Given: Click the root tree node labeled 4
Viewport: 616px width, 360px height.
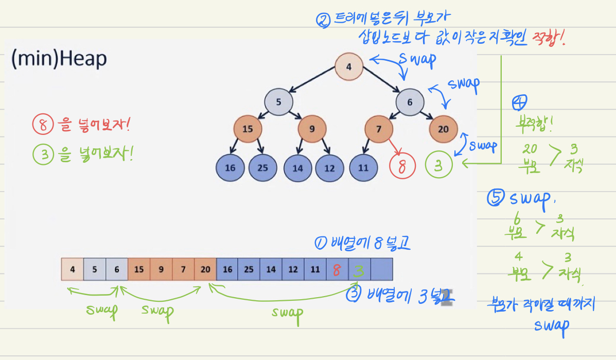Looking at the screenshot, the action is click(x=349, y=67).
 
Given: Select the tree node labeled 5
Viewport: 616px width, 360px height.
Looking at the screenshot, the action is click(x=278, y=101).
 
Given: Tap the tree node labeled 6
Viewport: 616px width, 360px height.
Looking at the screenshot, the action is click(x=410, y=101).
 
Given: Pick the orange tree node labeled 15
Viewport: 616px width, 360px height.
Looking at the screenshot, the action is click(x=248, y=129).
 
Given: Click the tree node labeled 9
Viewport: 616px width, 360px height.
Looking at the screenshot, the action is click(x=312, y=129).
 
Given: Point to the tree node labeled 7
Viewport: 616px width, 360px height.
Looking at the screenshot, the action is click(x=379, y=129).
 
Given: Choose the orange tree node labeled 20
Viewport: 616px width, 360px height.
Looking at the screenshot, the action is click(x=443, y=129).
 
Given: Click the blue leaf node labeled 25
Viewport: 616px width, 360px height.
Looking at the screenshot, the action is click(x=263, y=167).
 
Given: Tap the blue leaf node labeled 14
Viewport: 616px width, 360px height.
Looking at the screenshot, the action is click(x=297, y=167).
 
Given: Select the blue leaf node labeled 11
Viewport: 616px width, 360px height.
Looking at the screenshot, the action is click(x=363, y=167).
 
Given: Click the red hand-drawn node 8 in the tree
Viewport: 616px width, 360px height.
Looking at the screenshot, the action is click(x=402, y=166).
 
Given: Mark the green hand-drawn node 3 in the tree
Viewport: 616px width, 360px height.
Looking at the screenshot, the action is click(x=439, y=166).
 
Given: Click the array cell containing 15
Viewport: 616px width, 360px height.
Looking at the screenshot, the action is click(x=139, y=269).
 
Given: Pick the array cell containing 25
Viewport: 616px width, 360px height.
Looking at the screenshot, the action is click(x=249, y=269).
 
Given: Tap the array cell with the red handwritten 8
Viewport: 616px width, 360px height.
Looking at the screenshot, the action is click(x=337, y=269).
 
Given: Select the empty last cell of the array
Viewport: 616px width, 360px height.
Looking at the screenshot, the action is click(x=381, y=269).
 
